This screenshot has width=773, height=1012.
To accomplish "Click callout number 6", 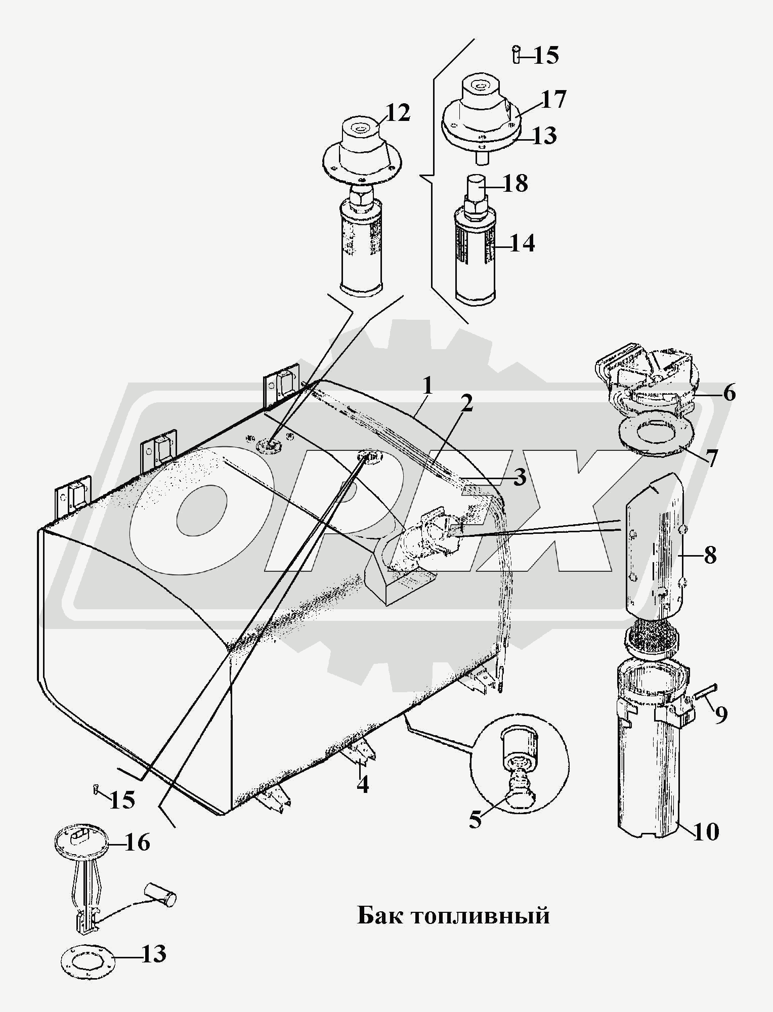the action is [728, 393].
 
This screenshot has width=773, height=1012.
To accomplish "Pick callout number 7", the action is [711, 457].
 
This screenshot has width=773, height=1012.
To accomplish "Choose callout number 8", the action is [710, 556].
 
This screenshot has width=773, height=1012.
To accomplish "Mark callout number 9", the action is [721, 713].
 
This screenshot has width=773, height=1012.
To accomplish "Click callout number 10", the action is [705, 831].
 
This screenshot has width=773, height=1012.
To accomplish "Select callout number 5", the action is [475, 819].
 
